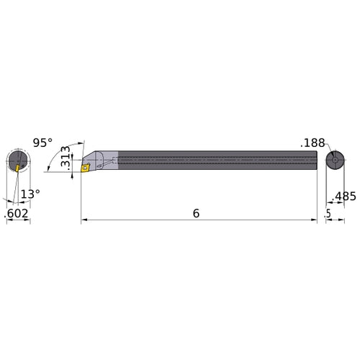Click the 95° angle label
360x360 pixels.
(42, 143)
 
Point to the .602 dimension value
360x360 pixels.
(17, 213)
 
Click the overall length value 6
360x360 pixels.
(196, 214)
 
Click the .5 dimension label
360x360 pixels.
(328, 214)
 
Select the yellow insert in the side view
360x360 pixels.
(85, 168)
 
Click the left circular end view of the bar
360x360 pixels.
(18, 161)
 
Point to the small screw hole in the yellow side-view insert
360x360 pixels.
(85, 168)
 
